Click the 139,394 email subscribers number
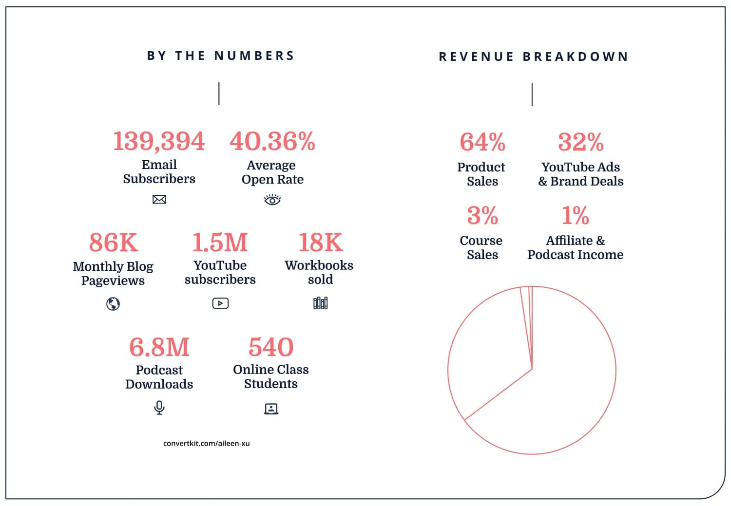click(x=159, y=141)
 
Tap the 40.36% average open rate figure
click(x=272, y=141)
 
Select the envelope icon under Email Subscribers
click(x=159, y=199)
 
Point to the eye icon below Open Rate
click(x=272, y=200)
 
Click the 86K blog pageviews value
click(x=114, y=243)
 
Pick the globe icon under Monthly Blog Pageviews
click(x=113, y=304)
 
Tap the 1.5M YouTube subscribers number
click(x=220, y=243)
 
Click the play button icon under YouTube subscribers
click(x=220, y=303)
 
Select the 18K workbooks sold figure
click(x=321, y=243)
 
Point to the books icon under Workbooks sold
click(x=320, y=303)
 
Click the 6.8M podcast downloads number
click(x=159, y=347)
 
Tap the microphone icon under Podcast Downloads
click(x=159, y=407)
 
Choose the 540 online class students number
click(x=271, y=347)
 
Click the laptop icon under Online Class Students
click(x=271, y=409)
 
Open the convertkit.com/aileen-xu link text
click(x=207, y=443)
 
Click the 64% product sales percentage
click(x=482, y=142)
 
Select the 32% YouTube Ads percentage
click(x=581, y=142)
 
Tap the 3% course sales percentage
click(x=482, y=215)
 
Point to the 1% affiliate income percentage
click(x=576, y=215)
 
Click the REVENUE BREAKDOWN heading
click(x=534, y=57)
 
